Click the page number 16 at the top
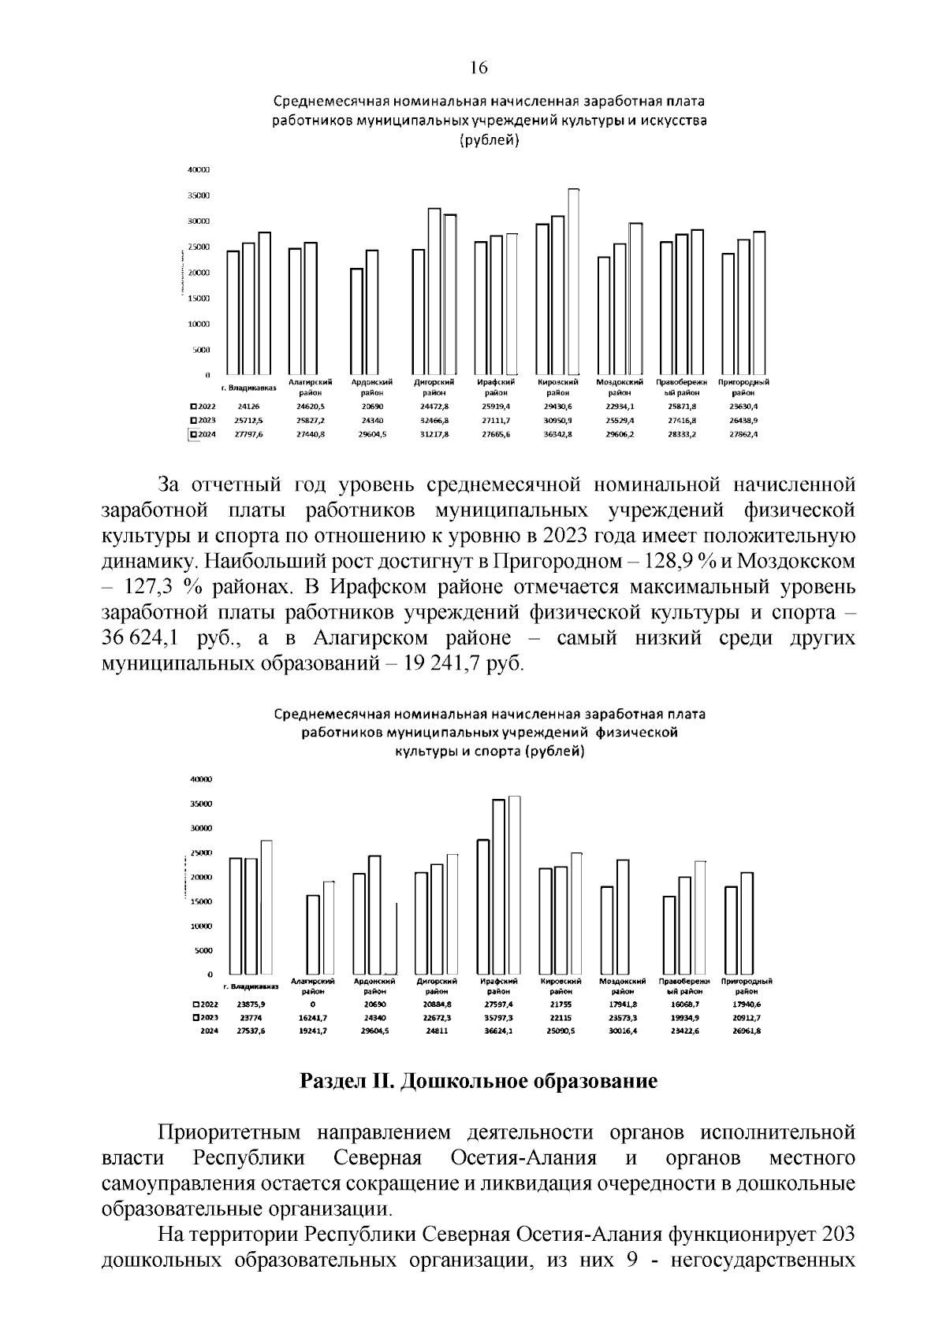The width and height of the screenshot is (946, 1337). pos(479,68)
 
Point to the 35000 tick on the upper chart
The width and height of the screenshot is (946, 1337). pos(199,195)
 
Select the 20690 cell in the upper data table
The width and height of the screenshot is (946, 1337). pos(371,407)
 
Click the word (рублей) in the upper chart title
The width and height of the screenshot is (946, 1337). pos(489,141)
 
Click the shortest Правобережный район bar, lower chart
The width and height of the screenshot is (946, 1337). pos(669,935)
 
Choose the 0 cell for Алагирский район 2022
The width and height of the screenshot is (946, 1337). pos(313,1005)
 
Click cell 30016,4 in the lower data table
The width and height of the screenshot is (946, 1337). pos(622,1031)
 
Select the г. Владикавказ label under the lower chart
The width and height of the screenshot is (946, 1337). pos(251,986)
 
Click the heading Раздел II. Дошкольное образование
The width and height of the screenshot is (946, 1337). pos(479,1081)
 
